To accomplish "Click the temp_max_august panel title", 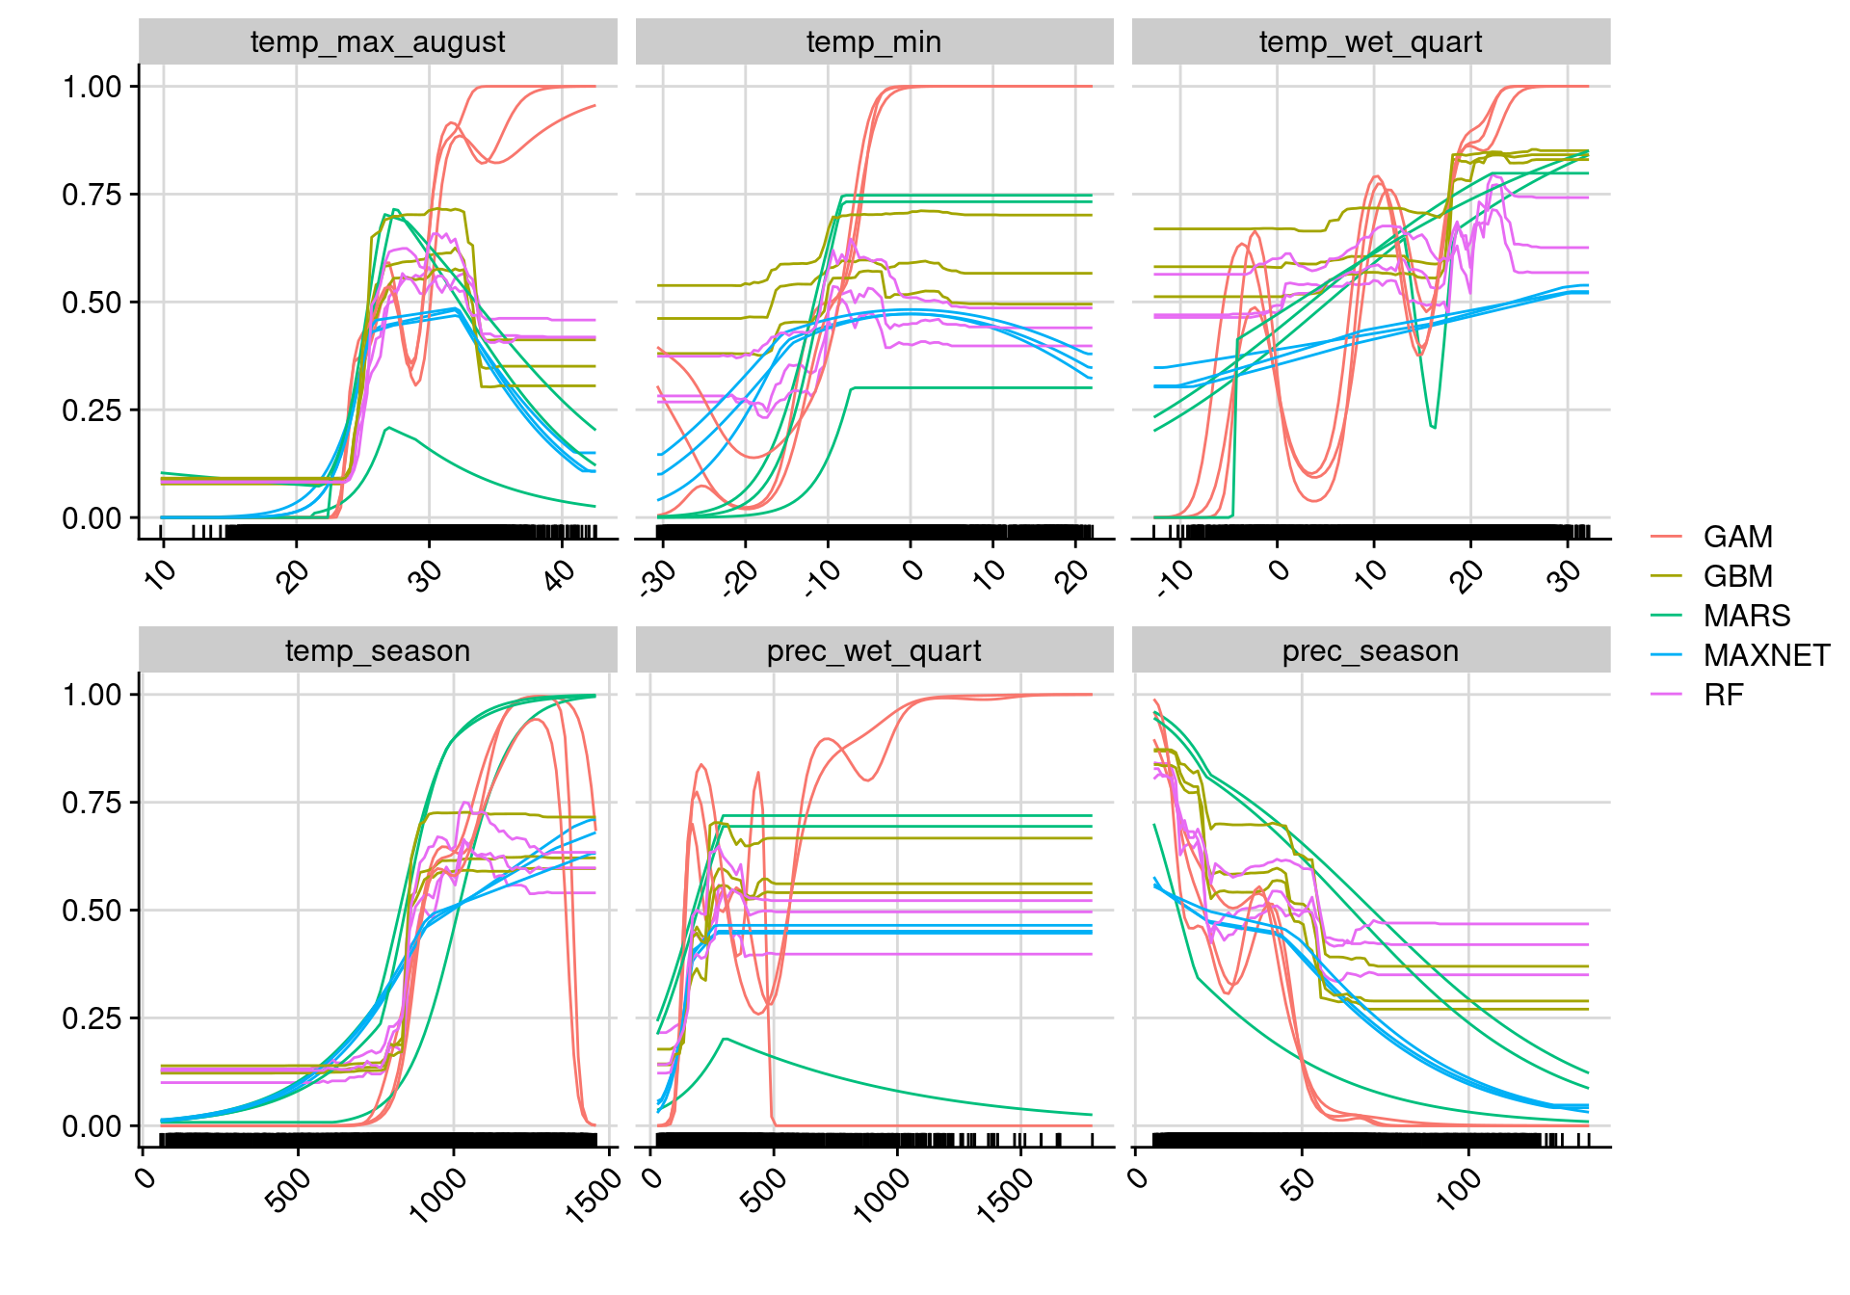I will click(378, 42).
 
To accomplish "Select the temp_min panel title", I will click(874, 42).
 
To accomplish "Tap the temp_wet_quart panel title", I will click(1370, 42).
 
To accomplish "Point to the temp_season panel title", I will click(378, 651).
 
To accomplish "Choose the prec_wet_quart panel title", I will click(874, 651).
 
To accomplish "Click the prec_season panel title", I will click(1370, 651).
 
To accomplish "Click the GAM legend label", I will click(1737, 537).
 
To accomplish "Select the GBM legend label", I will click(1737, 576).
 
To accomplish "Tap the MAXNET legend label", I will click(1766, 655).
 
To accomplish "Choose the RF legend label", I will click(1723, 695).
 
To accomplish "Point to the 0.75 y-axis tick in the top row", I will click(92, 195).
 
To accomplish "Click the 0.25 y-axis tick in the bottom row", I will click(92, 1018).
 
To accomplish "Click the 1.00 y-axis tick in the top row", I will click(92, 87).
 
